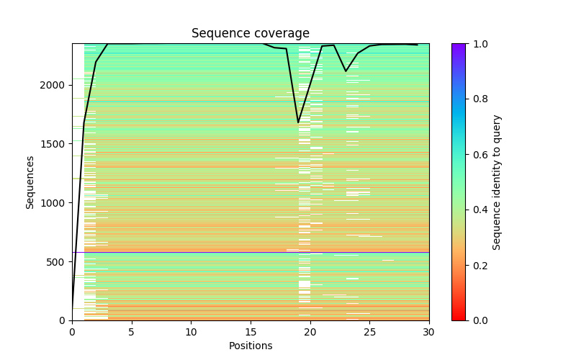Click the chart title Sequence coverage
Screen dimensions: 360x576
click(x=250, y=33)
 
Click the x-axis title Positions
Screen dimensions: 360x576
click(x=250, y=346)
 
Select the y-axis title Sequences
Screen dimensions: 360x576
click(x=30, y=181)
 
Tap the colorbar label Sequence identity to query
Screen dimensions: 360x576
click(x=497, y=181)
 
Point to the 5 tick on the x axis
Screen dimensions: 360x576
click(x=131, y=332)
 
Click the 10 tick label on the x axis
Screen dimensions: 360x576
click(x=191, y=332)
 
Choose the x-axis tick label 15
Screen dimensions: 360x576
click(x=251, y=332)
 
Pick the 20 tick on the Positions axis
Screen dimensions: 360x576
click(x=310, y=332)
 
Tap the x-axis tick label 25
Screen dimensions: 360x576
click(x=369, y=332)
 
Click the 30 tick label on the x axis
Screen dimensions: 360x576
click(x=429, y=332)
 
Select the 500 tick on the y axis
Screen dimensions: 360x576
click(x=57, y=261)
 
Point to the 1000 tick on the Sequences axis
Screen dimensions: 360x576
click(x=54, y=202)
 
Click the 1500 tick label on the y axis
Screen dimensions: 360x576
click(x=54, y=144)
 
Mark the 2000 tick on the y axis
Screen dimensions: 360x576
click(x=54, y=85)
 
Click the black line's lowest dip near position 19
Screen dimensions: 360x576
click(x=298, y=122)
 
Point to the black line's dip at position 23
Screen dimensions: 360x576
click(x=346, y=71)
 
